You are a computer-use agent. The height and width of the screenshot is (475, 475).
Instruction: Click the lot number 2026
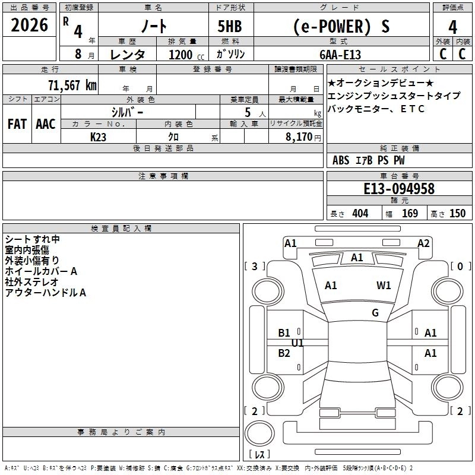click(x=30, y=26)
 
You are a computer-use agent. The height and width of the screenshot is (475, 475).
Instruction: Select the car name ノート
click(x=153, y=26)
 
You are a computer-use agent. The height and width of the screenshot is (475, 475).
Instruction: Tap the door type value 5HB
click(x=230, y=26)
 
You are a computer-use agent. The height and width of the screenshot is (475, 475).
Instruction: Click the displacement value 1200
click(x=180, y=55)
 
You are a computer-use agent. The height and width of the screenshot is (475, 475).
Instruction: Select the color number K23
click(x=99, y=137)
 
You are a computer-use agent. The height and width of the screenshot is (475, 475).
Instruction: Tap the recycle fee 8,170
click(x=299, y=137)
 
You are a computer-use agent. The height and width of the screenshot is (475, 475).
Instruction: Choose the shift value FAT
click(x=17, y=124)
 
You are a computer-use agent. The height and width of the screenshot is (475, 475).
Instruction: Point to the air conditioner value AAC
click(x=45, y=124)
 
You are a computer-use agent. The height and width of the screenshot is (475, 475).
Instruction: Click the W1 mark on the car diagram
click(x=384, y=286)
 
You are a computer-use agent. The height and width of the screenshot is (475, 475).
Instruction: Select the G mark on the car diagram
click(x=375, y=313)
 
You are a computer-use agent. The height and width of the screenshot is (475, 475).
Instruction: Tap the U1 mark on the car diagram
click(x=297, y=343)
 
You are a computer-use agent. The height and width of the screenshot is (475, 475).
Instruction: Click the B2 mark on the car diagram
click(x=284, y=353)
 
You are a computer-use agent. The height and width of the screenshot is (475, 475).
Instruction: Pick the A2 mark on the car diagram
click(x=423, y=243)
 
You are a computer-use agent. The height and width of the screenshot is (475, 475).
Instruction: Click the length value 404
click(x=360, y=214)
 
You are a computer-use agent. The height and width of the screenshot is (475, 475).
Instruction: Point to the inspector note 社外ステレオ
click(x=31, y=281)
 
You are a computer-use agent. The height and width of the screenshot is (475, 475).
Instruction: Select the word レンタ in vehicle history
click(x=128, y=55)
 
